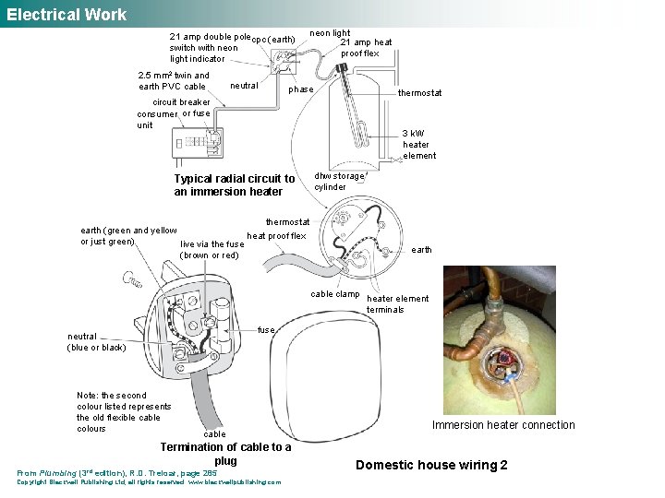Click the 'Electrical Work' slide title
[x=66, y=14]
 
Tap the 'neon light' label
[x=330, y=33]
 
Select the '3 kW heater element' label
[x=418, y=144]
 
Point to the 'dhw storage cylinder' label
[x=340, y=181]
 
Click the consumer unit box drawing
[x=198, y=142]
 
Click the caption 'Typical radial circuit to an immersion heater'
[x=235, y=184]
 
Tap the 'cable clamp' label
[x=335, y=294]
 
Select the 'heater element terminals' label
[x=398, y=303]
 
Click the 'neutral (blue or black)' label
[x=96, y=342]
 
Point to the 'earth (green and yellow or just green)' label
[x=128, y=236]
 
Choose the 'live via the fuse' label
[x=212, y=250]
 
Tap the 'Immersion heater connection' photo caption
[x=503, y=425]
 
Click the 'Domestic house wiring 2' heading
[x=431, y=465]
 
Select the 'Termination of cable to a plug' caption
[x=225, y=454]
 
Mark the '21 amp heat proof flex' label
[x=366, y=48]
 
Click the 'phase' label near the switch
[x=301, y=89]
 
